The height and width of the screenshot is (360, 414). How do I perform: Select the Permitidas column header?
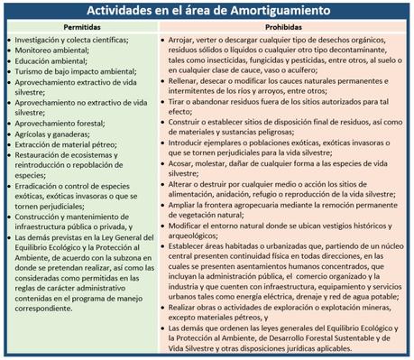coord(82,28)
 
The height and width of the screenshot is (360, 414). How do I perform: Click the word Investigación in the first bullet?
coord(42,41)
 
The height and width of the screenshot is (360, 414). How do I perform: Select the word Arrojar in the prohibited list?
coord(184,41)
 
